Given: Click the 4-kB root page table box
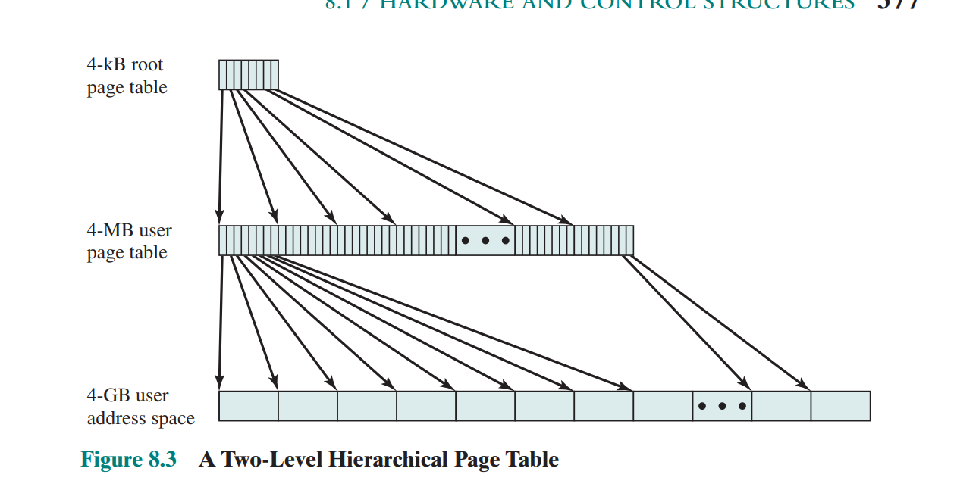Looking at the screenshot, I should pos(249,75).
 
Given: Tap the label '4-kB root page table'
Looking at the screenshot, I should pos(127,76).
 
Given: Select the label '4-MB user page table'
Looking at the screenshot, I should pos(129,242).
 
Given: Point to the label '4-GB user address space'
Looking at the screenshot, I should pos(140,407).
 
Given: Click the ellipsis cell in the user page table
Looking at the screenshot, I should pos(485,241).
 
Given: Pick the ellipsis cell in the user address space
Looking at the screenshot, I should pos(722,406).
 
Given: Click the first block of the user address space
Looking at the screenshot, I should pos(249,406).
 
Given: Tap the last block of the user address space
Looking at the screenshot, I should pos(840,406).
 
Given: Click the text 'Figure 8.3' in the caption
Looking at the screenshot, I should pos(128,460).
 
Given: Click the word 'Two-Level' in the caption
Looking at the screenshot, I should pos(268,460).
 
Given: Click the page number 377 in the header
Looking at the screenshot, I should pos(899,4).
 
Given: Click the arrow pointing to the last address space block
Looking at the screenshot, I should pos(717,322).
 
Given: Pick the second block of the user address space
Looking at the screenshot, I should pos(308,406).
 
